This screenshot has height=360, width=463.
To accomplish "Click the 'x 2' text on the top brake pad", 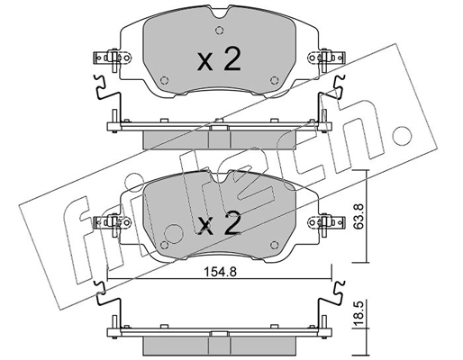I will (x=219, y=60).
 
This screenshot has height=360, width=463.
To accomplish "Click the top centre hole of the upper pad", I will (x=219, y=24).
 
